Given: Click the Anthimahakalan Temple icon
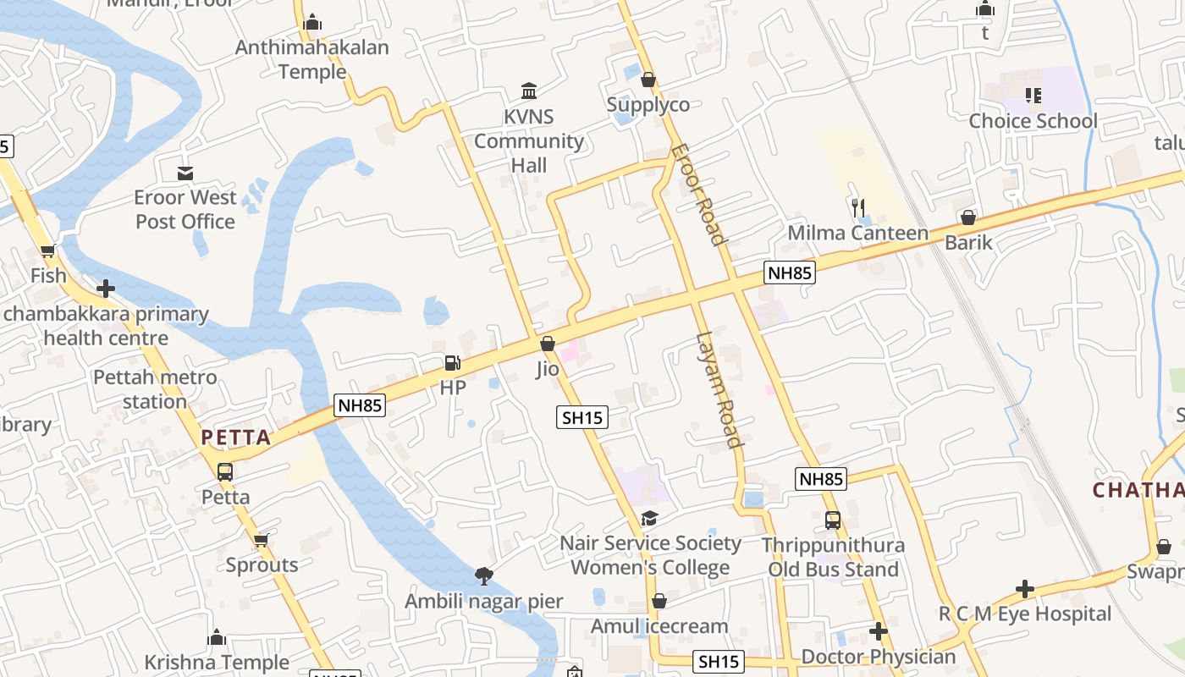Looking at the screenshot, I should pos(312,22).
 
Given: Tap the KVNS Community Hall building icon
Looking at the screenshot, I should pos(529,91).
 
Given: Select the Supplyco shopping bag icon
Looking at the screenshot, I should pos(648,80).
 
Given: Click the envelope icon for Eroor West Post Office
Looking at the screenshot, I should pos(185,173).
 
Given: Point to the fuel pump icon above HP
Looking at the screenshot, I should pos(453,363).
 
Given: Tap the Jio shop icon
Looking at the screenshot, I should pos(548,344).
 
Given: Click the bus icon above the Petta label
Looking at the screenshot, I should pos(225,471).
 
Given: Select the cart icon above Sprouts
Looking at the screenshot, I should pos(262,540).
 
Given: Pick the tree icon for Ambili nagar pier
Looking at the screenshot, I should pos(484,576).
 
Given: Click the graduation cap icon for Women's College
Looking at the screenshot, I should pos(649,518).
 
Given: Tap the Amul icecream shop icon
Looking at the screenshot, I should pos(659,601).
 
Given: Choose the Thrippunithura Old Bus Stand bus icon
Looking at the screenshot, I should pos(833,520).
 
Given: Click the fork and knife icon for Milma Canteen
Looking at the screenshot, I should pos(858,206).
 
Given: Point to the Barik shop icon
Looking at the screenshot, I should pos(968,217).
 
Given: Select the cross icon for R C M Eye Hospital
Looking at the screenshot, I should pos(1025,588).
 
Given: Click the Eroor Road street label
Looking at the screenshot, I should pos(699,195).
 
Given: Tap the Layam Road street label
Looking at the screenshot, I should pos(719,390).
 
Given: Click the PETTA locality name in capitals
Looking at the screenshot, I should pos(236,438).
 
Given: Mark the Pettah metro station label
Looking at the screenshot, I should pos(155,389).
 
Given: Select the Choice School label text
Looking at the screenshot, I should pos(1033,121).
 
